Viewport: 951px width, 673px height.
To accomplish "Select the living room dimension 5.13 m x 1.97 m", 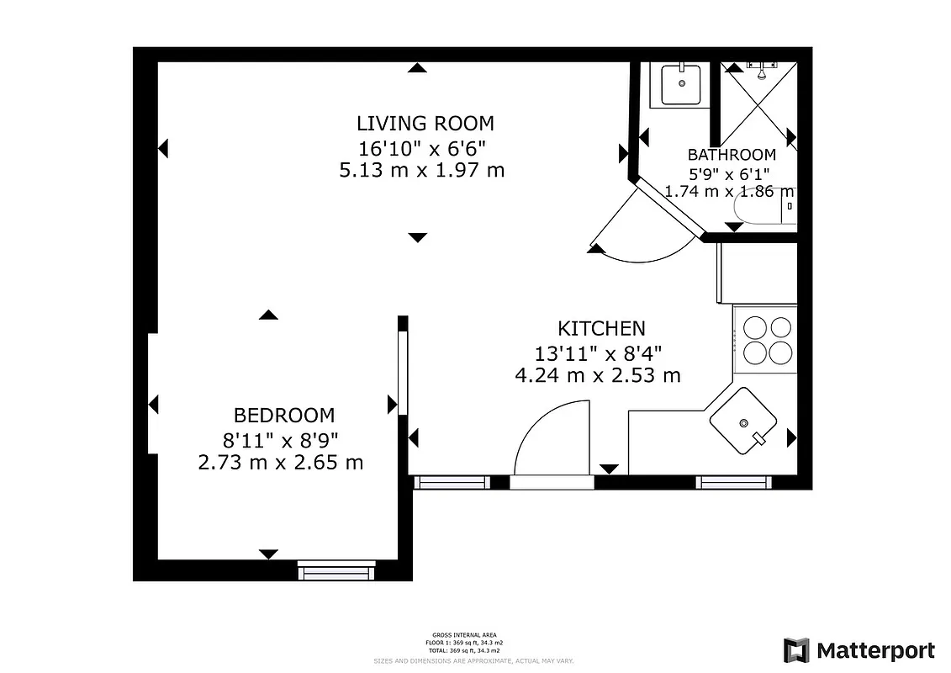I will pyautogui.click(x=421, y=171).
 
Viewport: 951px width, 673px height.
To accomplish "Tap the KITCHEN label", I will pyautogui.click(x=601, y=328).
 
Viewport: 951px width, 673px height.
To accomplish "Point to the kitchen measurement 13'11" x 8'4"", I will pyautogui.click(x=597, y=352).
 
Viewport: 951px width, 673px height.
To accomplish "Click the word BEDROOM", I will pyautogui.click(x=283, y=416).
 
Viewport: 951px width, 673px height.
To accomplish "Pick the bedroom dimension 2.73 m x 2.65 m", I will pyautogui.click(x=280, y=462).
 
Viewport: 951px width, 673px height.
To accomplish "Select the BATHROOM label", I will pyautogui.click(x=731, y=155).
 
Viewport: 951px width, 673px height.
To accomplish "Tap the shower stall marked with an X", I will pyautogui.click(x=758, y=105).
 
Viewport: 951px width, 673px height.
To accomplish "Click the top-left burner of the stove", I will pyautogui.click(x=755, y=326).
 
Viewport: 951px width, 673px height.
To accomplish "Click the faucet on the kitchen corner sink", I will pyautogui.click(x=761, y=437).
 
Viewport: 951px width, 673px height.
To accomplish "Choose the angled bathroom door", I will pyautogui.click(x=668, y=206).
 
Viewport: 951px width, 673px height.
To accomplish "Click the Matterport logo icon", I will pyautogui.click(x=796, y=650).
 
